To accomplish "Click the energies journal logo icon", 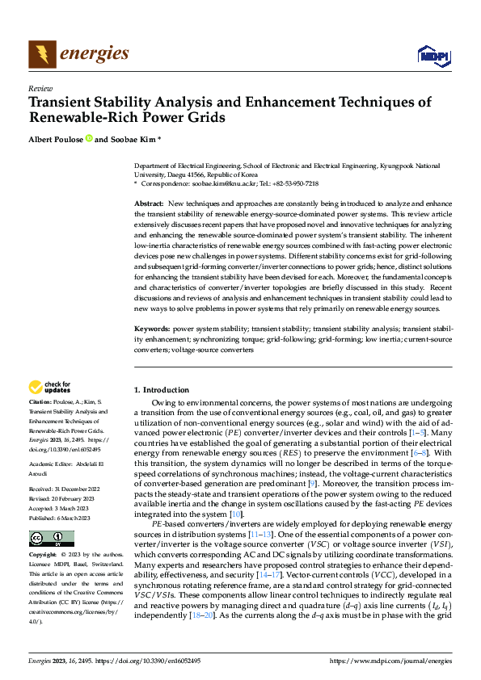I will pos(41,54).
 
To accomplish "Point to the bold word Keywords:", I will pos(151,329).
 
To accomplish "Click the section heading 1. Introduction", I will pos(162,390).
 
